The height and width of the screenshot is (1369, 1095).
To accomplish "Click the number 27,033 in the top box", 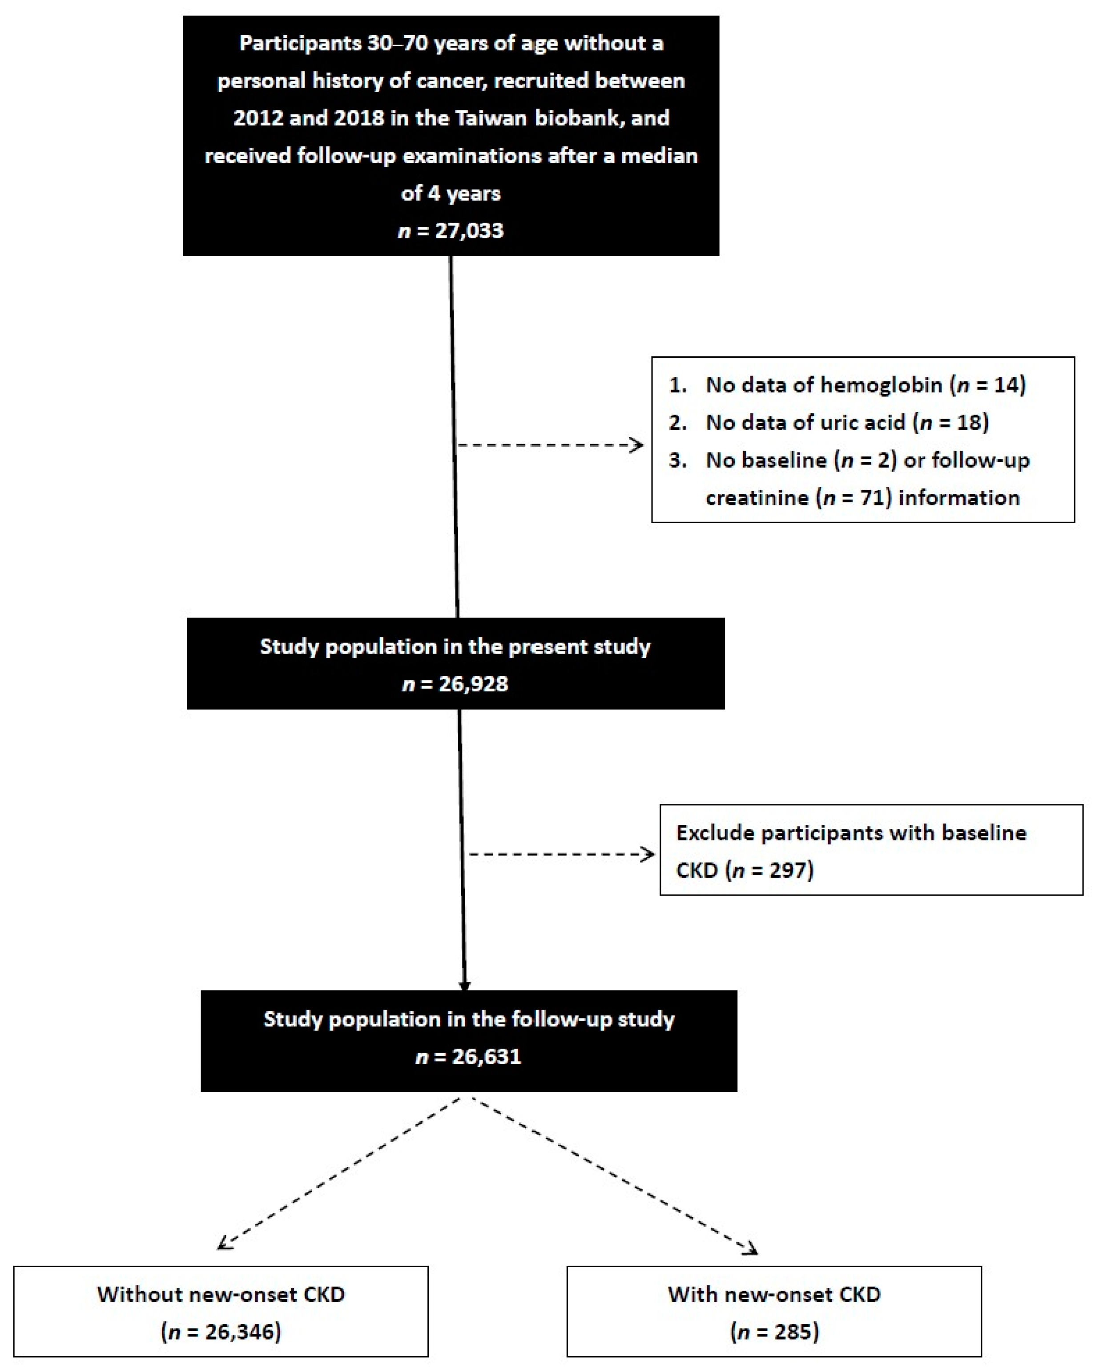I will coord(468,230).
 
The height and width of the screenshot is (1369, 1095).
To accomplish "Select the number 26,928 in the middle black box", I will coord(473,684).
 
